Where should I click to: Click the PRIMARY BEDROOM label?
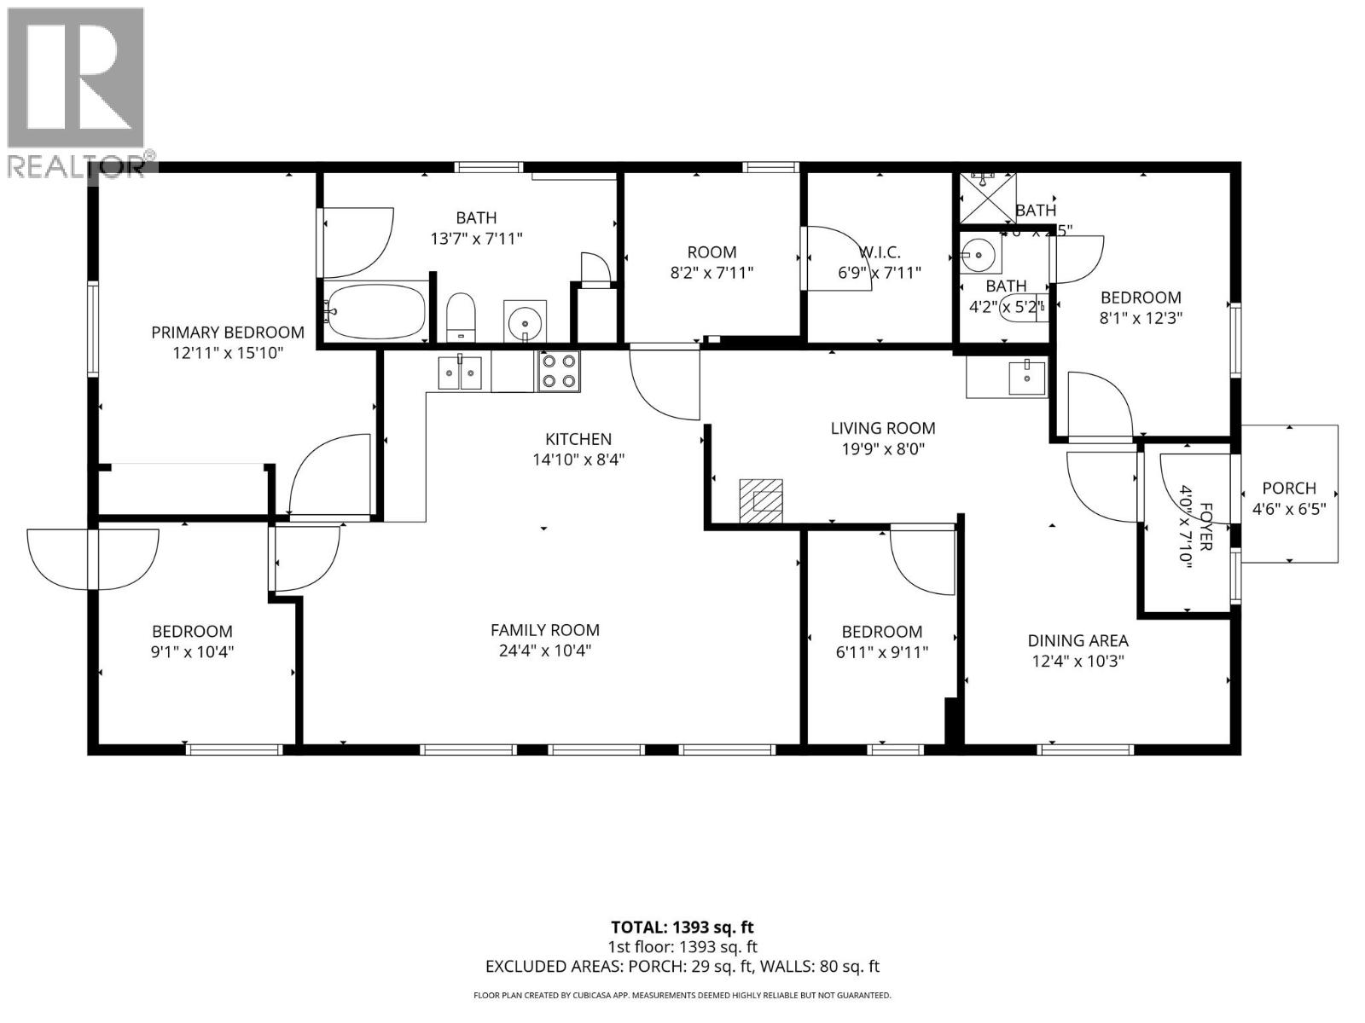click(228, 332)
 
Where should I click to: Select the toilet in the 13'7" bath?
click(461, 316)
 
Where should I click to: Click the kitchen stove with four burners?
click(559, 372)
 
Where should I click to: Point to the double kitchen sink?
click(460, 373)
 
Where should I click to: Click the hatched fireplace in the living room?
click(761, 500)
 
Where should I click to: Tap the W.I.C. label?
click(880, 252)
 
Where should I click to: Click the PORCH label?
click(1288, 488)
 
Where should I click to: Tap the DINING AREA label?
click(1077, 640)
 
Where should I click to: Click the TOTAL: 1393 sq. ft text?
click(682, 927)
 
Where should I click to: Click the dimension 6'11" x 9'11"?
click(882, 652)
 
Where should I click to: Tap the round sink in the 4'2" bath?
click(979, 253)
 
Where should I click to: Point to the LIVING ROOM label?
click(883, 428)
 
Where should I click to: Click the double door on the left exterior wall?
click(93, 558)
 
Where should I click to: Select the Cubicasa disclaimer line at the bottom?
click(682, 995)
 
